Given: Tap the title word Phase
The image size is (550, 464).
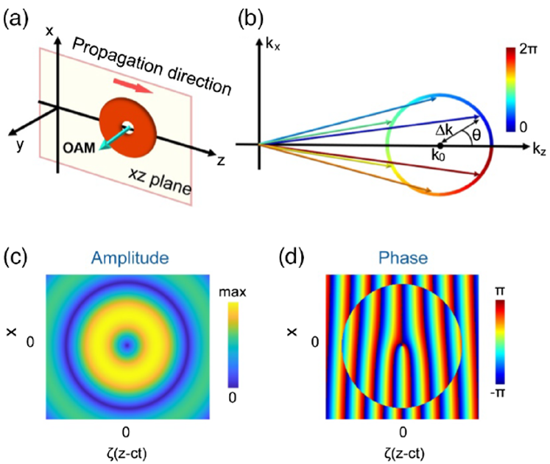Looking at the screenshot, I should pos(401,258).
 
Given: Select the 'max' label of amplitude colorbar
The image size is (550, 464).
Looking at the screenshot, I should pos(236,292).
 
